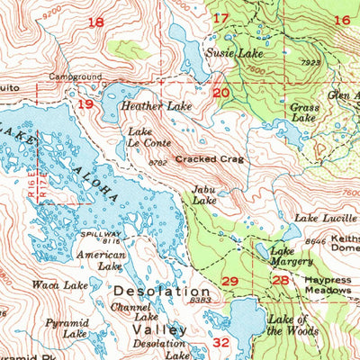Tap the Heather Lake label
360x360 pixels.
pos(152,106)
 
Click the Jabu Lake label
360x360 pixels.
pos(204,195)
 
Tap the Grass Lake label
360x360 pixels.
pos(304,112)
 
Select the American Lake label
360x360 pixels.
pos(100,261)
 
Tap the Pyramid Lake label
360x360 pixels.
pos(67,328)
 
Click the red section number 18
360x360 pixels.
pos(95,22)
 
